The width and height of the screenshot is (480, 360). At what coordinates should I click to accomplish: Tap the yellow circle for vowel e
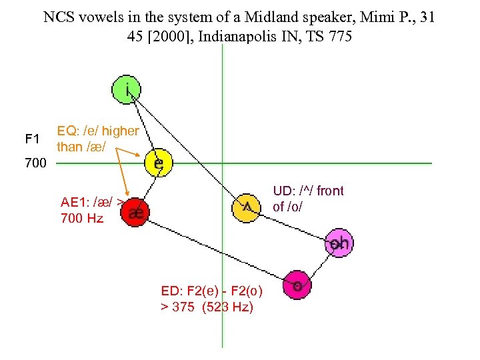point(159,163)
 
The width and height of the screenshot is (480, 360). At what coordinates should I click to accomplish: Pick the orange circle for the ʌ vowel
point(246,207)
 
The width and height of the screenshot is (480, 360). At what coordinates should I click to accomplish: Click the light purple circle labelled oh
point(338,243)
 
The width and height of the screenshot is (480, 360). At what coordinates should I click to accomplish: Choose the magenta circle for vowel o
point(297,285)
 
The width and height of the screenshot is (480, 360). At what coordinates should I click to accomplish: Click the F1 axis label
point(32,139)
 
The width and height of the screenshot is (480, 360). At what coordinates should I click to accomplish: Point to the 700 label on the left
point(35,163)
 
